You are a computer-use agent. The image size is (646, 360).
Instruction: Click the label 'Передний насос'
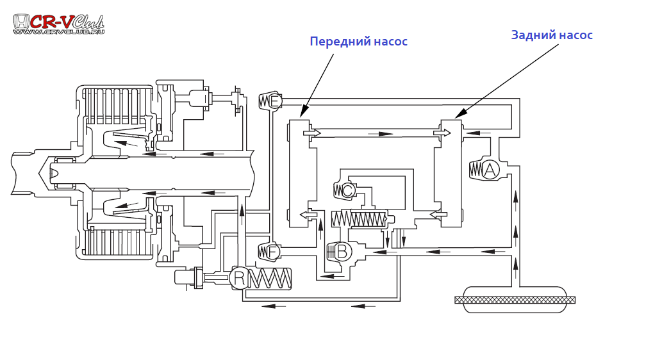(x=358, y=42)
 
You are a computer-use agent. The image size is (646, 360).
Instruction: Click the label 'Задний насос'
(x=551, y=35)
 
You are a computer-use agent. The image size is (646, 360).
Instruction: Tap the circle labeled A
(x=490, y=170)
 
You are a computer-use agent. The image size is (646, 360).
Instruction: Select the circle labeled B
(x=343, y=251)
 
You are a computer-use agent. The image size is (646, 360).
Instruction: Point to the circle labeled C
(x=347, y=190)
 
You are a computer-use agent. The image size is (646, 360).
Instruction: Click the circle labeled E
(x=275, y=101)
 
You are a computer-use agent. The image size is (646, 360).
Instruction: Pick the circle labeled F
(x=273, y=252)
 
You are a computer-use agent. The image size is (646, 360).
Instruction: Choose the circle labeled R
(x=239, y=278)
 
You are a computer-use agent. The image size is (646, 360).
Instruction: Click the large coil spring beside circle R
(x=270, y=279)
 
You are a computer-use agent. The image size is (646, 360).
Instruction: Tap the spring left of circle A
(x=475, y=170)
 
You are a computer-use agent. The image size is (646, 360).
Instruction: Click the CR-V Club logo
(x=58, y=23)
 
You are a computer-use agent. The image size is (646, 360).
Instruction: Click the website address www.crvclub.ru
(x=58, y=31)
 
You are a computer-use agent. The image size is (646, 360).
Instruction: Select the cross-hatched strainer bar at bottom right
(x=515, y=300)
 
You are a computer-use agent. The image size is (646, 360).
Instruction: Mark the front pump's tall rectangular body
(x=299, y=173)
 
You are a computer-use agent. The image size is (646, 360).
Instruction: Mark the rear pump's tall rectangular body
(x=451, y=173)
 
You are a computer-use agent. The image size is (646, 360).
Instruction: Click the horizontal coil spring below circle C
(x=359, y=219)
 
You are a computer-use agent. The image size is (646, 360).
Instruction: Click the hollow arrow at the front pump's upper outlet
(x=312, y=133)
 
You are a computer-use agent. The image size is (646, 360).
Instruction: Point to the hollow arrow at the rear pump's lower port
(x=438, y=215)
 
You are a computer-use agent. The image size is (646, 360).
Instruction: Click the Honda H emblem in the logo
(x=21, y=21)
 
